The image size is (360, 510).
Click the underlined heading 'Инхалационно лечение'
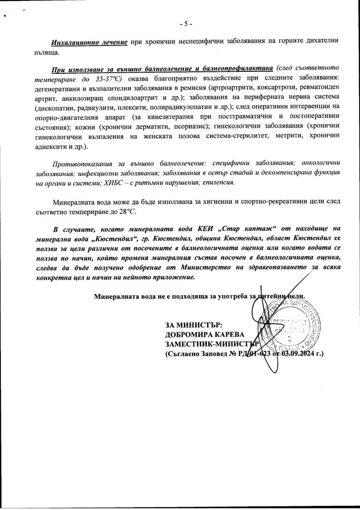[x=90, y=42]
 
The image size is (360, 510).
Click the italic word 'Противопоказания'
[x=81, y=163]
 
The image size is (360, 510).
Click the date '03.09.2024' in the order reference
[x=299, y=353]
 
